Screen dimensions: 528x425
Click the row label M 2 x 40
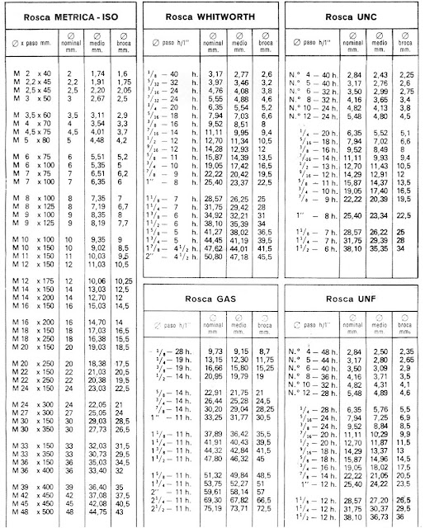33,73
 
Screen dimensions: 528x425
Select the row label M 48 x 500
33,514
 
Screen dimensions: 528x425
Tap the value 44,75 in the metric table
98,514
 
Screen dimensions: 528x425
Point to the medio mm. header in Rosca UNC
381,41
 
